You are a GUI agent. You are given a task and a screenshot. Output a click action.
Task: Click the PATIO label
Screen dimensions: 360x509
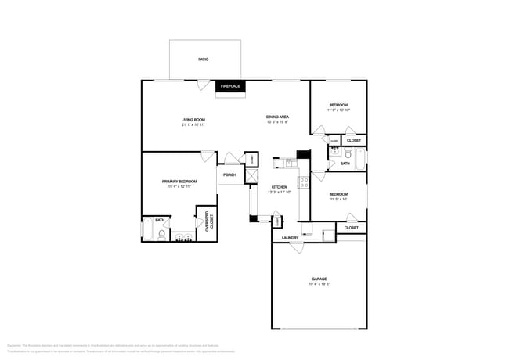[x=203, y=59]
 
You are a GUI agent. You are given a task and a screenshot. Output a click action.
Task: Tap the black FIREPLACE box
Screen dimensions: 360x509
[x=230, y=85]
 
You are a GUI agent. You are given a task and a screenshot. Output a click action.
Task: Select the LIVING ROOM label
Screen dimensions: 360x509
[x=193, y=119]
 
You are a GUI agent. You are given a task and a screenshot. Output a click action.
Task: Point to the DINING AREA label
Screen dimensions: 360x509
[x=277, y=117]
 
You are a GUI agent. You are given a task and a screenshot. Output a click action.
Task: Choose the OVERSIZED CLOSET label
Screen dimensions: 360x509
[x=208, y=222]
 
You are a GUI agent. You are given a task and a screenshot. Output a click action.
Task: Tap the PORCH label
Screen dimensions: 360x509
[x=229, y=175]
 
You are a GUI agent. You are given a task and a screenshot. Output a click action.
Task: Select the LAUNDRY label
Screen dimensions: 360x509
[x=290, y=237]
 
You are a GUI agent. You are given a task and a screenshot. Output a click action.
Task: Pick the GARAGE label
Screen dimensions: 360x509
[x=319, y=278]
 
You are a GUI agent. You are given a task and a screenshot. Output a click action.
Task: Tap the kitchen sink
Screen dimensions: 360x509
[x=288, y=163]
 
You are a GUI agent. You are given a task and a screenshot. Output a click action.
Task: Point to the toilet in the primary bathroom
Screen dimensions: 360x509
[x=161, y=232]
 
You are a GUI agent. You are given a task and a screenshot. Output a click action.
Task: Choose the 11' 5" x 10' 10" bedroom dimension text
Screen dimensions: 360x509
[x=338, y=110]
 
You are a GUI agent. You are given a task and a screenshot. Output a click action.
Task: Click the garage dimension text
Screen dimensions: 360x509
[x=319, y=283]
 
